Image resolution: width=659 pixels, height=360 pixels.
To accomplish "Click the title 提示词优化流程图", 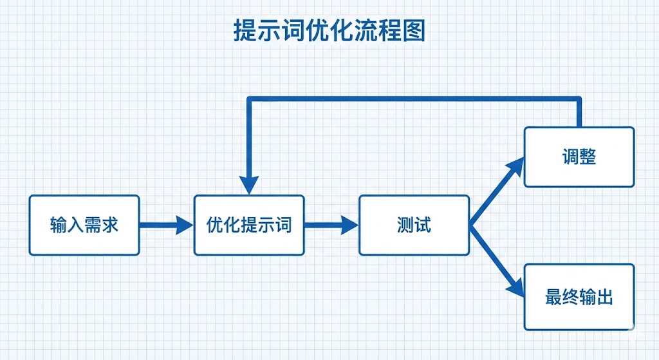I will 329,30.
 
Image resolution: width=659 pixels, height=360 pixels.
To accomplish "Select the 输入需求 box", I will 84,225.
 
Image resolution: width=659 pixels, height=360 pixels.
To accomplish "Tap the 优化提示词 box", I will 249,225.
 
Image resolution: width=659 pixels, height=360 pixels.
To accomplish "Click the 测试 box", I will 414,225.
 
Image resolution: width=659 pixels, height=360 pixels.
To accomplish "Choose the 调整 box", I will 579,156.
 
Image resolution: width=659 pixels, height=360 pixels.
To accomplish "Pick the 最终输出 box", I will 579,297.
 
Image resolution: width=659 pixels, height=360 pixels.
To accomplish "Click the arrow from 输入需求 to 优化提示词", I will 166,225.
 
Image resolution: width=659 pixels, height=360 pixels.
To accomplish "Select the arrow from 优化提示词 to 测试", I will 331,225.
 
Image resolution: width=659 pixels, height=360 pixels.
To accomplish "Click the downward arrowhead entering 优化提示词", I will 249,185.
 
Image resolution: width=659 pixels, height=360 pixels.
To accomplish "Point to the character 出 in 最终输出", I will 604,297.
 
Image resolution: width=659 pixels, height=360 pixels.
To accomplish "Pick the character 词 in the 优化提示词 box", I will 283,225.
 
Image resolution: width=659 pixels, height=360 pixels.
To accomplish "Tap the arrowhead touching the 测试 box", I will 349,225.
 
